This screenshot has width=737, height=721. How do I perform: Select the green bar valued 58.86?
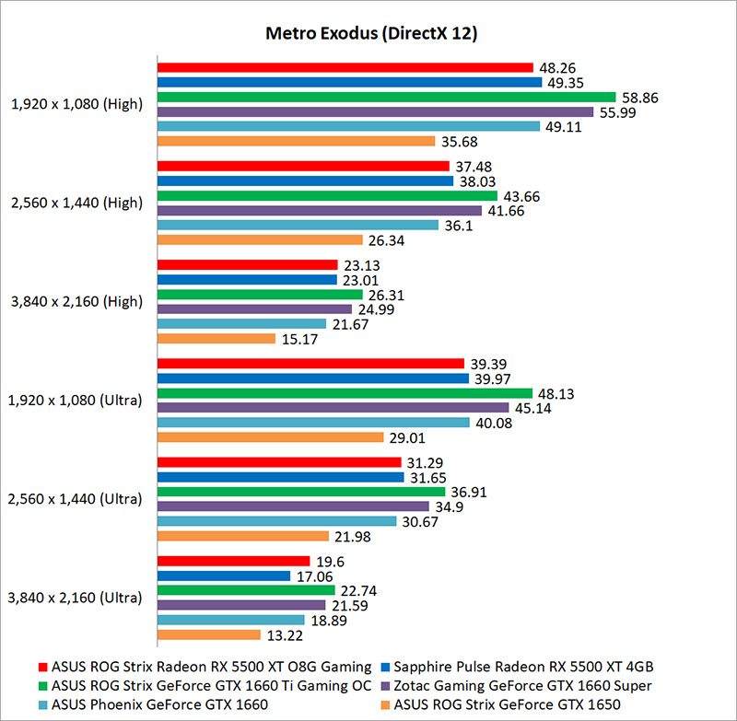point(386,97)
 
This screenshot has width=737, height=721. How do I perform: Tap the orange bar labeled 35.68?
point(296,141)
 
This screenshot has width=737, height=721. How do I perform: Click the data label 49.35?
point(564,82)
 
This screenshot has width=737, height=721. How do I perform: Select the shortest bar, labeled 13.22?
point(209,634)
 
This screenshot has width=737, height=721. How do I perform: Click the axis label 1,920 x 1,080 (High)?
point(77,104)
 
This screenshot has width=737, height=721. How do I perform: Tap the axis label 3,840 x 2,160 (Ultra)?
point(76,598)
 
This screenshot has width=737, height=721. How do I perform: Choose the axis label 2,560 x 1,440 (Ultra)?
point(76,499)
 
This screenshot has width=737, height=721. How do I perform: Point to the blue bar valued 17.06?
point(224,576)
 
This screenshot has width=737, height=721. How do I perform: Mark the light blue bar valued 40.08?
point(313,422)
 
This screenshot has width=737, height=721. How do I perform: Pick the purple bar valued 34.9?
point(293,506)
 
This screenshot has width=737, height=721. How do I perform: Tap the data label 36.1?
point(457,225)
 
